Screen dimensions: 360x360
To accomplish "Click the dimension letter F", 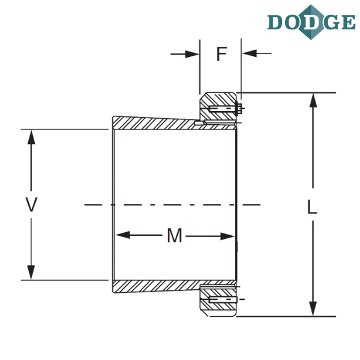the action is [x=222, y=54].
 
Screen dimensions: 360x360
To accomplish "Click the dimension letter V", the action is [x=31, y=205].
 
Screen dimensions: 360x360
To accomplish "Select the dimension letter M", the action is [x=175, y=236].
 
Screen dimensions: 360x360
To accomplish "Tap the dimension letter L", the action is [x=312, y=206].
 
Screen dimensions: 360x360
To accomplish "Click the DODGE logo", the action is [x=311, y=22].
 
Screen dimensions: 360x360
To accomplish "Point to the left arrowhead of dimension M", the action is [x=123, y=235].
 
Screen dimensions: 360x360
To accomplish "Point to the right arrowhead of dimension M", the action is [x=227, y=236].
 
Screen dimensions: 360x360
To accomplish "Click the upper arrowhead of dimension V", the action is [x=31, y=137].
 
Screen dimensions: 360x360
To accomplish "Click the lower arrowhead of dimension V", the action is [x=31, y=272].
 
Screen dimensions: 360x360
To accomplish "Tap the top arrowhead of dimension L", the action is [x=313, y=100].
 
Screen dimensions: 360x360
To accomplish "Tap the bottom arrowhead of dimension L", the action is [x=313, y=309].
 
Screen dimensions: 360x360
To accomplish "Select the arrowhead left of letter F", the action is [x=193, y=54].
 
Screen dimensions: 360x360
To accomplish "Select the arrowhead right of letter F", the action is [x=250, y=53].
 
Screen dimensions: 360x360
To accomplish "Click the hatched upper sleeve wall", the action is [x=154, y=123].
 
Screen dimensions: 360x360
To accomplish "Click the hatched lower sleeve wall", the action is [x=154, y=286].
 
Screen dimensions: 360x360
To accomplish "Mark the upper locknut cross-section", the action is [x=218, y=106].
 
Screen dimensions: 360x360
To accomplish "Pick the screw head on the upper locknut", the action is [x=239, y=109].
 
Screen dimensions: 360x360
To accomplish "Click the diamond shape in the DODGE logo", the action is [x=311, y=22].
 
